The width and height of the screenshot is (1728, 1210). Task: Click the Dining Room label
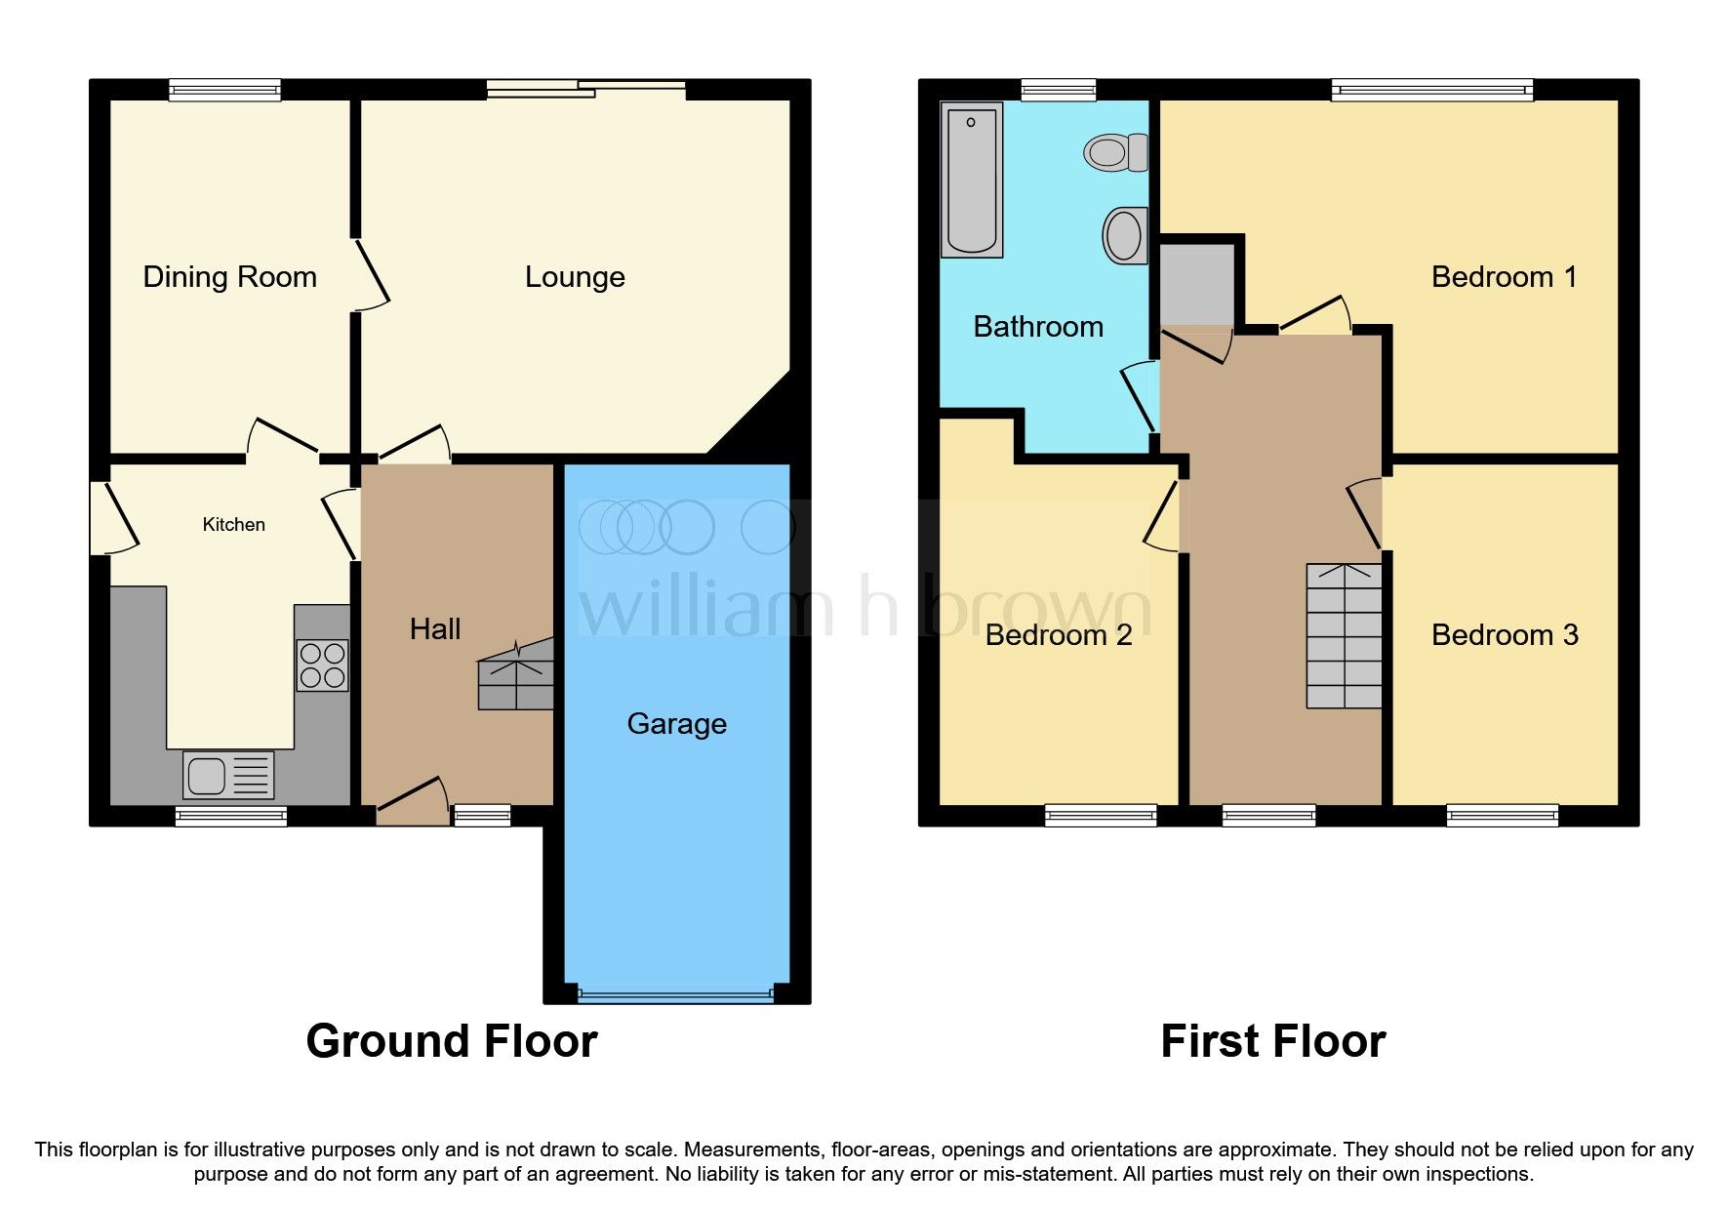coord(230,277)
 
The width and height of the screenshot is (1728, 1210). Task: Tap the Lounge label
coord(575,278)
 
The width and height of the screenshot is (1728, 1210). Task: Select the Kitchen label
coord(234,525)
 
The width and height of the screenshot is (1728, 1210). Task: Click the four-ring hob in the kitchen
coord(322,665)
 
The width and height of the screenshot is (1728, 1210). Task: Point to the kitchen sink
coord(228,776)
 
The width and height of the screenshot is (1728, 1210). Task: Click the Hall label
coord(435,629)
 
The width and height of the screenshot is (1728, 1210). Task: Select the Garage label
coord(677,724)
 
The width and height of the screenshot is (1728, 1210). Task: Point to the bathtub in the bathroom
coord(972,180)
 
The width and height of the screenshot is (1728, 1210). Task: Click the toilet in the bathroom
coord(1116,152)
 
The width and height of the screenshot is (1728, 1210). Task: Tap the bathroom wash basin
coord(1125,235)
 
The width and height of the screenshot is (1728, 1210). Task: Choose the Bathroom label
coord(1038,327)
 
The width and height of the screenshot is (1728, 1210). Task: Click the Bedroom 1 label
coord(1504,277)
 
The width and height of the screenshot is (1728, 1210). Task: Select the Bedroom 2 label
coord(1059,635)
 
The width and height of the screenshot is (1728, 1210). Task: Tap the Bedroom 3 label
coord(1505,635)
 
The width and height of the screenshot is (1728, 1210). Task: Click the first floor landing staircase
coord(1345,635)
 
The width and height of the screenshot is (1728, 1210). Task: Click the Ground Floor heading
coord(452,1041)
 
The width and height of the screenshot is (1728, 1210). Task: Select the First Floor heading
coord(1273,1041)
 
